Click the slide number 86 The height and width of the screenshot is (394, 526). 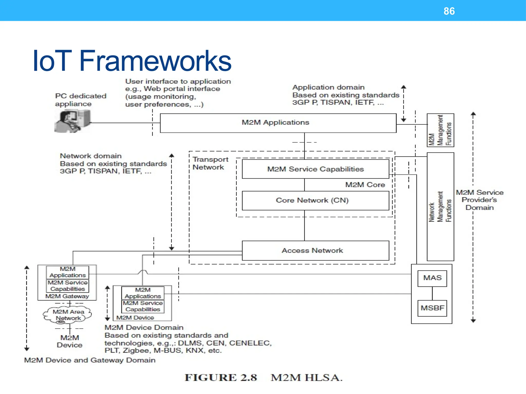pyautogui.click(x=449, y=11)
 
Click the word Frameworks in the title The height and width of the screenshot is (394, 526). pyautogui.click(x=155, y=61)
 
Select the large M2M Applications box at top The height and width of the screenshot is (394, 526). pyautogui.click(x=278, y=123)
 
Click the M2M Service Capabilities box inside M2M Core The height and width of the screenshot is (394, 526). pyautogui.click(x=315, y=169)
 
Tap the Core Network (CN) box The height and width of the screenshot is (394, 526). pyautogui.click(x=315, y=200)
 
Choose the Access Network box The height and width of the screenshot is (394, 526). pyautogui.click(x=315, y=250)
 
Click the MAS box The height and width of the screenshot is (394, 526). pyautogui.click(x=432, y=278)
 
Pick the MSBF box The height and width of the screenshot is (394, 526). pyautogui.click(x=432, y=308)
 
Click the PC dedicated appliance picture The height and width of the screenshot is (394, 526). pyautogui.click(x=73, y=121)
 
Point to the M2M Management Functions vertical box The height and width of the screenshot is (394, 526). pyautogui.click(x=440, y=130)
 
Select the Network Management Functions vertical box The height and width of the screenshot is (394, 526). pyautogui.click(x=440, y=206)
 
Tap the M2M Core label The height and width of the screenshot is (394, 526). pyautogui.click(x=365, y=185)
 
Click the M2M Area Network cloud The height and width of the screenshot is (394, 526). pyautogui.click(x=68, y=315)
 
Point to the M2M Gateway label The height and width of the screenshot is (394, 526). pyautogui.click(x=67, y=296)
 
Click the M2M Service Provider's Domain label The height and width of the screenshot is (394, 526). pyautogui.click(x=479, y=200)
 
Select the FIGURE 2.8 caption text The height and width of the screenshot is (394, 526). pyautogui.click(x=264, y=378)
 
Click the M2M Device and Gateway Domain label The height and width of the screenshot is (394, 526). pyautogui.click(x=90, y=360)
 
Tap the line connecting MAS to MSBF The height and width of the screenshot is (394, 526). pyautogui.click(x=432, y=293)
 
